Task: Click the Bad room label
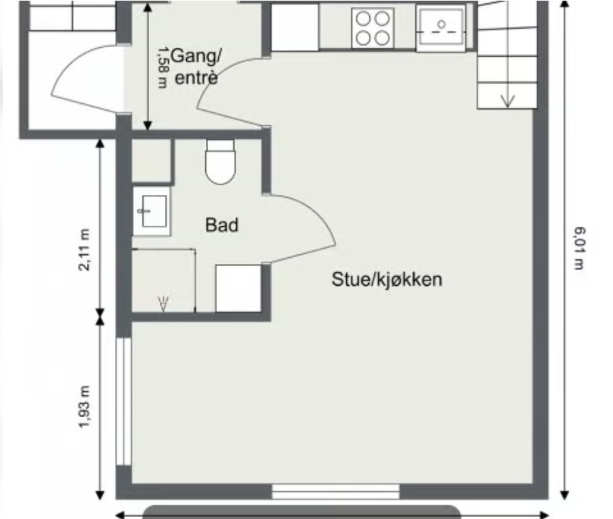coord(222,225)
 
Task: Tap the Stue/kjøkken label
coord(387,280)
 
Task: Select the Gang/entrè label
coord(196,66)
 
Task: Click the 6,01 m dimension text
coord(579,248)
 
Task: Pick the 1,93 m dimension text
coord(84,407)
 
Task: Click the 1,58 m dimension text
coord(164,68)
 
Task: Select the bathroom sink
coord(152,211)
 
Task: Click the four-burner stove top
coord(373,28)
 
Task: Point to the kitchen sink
coord(441,28)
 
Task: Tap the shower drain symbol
coord(164,304)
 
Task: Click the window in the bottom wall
coord(336,491)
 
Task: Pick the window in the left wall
coord(124,401)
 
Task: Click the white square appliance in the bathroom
coord(239,289)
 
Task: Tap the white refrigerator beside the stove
coord(295,27)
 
